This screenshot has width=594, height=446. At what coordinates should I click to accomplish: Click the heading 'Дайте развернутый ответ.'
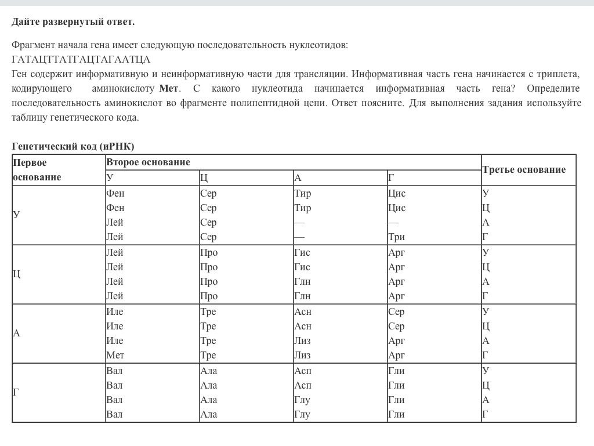point(73,21)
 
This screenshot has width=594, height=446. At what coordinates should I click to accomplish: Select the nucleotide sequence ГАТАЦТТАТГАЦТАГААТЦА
point(81,59)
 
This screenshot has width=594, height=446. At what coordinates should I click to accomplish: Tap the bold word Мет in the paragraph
point(169,89)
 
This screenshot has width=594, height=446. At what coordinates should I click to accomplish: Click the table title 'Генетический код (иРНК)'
point(73,146)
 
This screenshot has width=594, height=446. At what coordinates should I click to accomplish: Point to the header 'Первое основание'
point(37,170)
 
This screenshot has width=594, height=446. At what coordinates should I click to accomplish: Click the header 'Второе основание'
point(148,162)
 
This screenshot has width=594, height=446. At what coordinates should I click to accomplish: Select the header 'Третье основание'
point(524,169)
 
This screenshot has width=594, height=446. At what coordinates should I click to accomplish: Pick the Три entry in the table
point(396,237)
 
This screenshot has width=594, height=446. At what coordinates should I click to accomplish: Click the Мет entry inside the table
point(115,355)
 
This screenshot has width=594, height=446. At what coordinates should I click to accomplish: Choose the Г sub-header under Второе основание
point(392,178)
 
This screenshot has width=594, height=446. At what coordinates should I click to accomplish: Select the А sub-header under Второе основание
point(298,178)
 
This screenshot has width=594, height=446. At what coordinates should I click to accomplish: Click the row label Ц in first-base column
point(17,274)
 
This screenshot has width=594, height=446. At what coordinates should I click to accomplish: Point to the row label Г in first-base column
point(16,393)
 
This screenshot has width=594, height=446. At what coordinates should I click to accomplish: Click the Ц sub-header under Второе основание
point(204,178)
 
